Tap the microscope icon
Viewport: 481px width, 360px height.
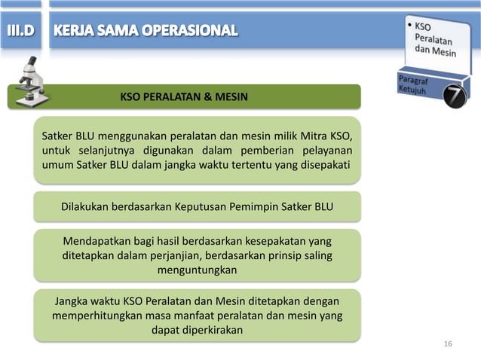tap(30, 81)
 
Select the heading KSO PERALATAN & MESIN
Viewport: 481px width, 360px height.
tap(184, 97)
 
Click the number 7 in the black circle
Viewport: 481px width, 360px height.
tap(455, 96)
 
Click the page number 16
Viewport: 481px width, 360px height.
tap(449, 344)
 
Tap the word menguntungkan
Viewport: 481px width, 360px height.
tap(197, 270)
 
